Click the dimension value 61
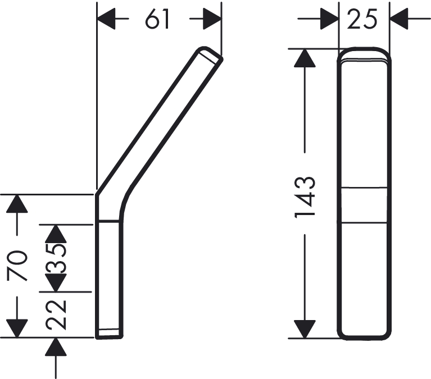pyautogui.click(x=157, y=19)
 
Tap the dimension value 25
pyautogui.click(x=362, y=19)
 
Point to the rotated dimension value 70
pyautogui.click(x=17, y=266)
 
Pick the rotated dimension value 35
pyautogui.click(x=56, y=258)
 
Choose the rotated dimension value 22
pyautogui.click(x=56, y=315)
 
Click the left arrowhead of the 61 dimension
pyautogui.click(x=106, y=19)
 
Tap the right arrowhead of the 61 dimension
pyautogui.click(x=212, y=19)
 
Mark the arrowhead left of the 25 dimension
pyautogui.click(x=329, y=19)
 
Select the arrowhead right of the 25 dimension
pyautogui.click(x=399, y=19)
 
